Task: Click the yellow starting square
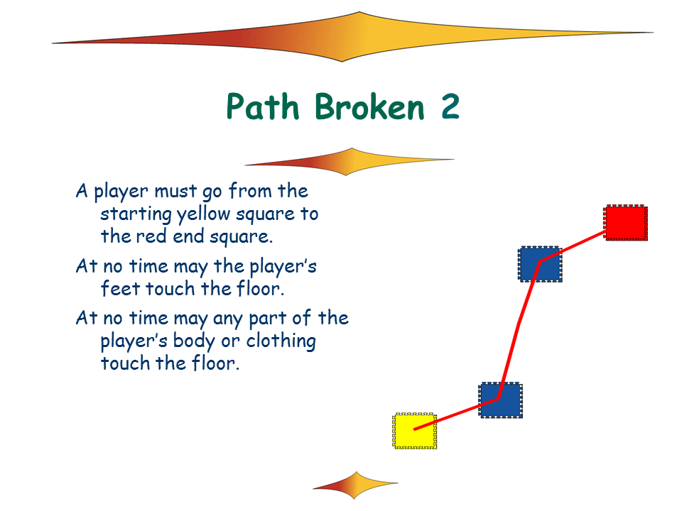coord(414,431)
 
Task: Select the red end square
coord(626,223)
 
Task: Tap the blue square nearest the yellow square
coord(501,400)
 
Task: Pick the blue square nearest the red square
coord(540,264)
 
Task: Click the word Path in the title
coord(263,106)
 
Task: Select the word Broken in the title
coord(369,106)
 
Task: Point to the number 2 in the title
coord(450,106)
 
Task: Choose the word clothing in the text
coord(281,341)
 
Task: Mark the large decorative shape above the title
coord(352,37)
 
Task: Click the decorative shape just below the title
coord(350,162)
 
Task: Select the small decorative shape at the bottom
coord(355,485)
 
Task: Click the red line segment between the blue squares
coord(519,329)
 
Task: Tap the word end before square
coord(188,236)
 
